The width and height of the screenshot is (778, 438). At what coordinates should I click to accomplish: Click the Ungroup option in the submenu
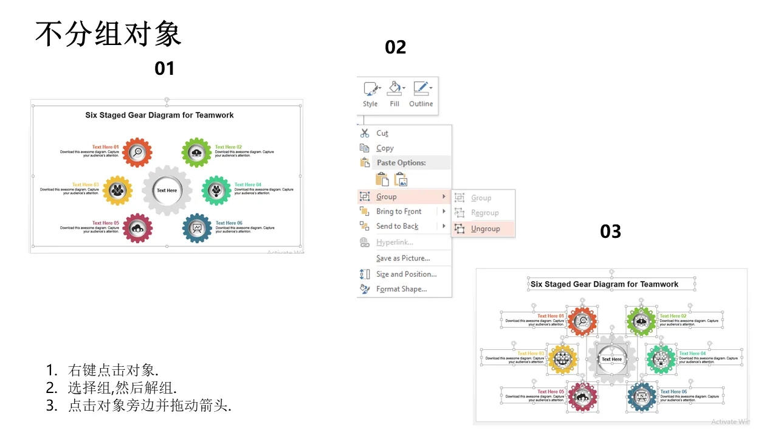click(485, 229)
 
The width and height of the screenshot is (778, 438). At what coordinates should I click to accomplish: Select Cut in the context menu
click(382, 133)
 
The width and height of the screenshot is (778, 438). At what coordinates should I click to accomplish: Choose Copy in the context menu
click(385, 148)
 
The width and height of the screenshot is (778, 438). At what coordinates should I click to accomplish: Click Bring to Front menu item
click(399, 212)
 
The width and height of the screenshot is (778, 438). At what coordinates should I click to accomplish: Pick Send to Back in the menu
click(397, 226)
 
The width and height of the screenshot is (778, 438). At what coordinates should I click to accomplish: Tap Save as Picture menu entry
click(402, 259)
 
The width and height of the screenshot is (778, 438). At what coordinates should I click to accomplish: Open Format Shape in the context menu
click(401, 289)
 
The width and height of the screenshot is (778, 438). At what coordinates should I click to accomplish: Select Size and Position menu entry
click(406, 274)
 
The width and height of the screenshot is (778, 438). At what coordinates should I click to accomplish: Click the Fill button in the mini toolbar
click(395, 94)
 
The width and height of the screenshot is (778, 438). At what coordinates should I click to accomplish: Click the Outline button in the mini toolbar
click(421, 94)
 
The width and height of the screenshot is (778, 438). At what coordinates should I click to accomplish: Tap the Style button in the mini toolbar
click(370, 94)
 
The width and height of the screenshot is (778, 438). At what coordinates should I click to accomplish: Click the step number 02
click(396, 47)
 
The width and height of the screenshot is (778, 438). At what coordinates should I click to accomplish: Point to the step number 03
click(611, 231)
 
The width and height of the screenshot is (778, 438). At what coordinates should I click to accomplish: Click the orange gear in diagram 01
click(137, 152)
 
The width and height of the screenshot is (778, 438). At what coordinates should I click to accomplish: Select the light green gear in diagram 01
click(196, 152)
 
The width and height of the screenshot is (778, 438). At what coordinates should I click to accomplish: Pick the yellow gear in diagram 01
click(117, 190)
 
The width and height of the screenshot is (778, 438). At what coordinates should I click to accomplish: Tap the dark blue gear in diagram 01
click(197, 228)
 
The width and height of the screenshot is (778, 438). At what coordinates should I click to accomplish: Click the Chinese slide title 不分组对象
click(108, 34)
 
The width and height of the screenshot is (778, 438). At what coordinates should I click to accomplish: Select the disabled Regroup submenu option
click(484, 213)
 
